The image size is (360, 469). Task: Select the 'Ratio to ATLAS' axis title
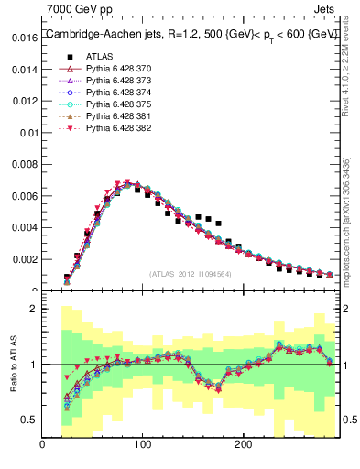pyautogui.click(x=12, y=364)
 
